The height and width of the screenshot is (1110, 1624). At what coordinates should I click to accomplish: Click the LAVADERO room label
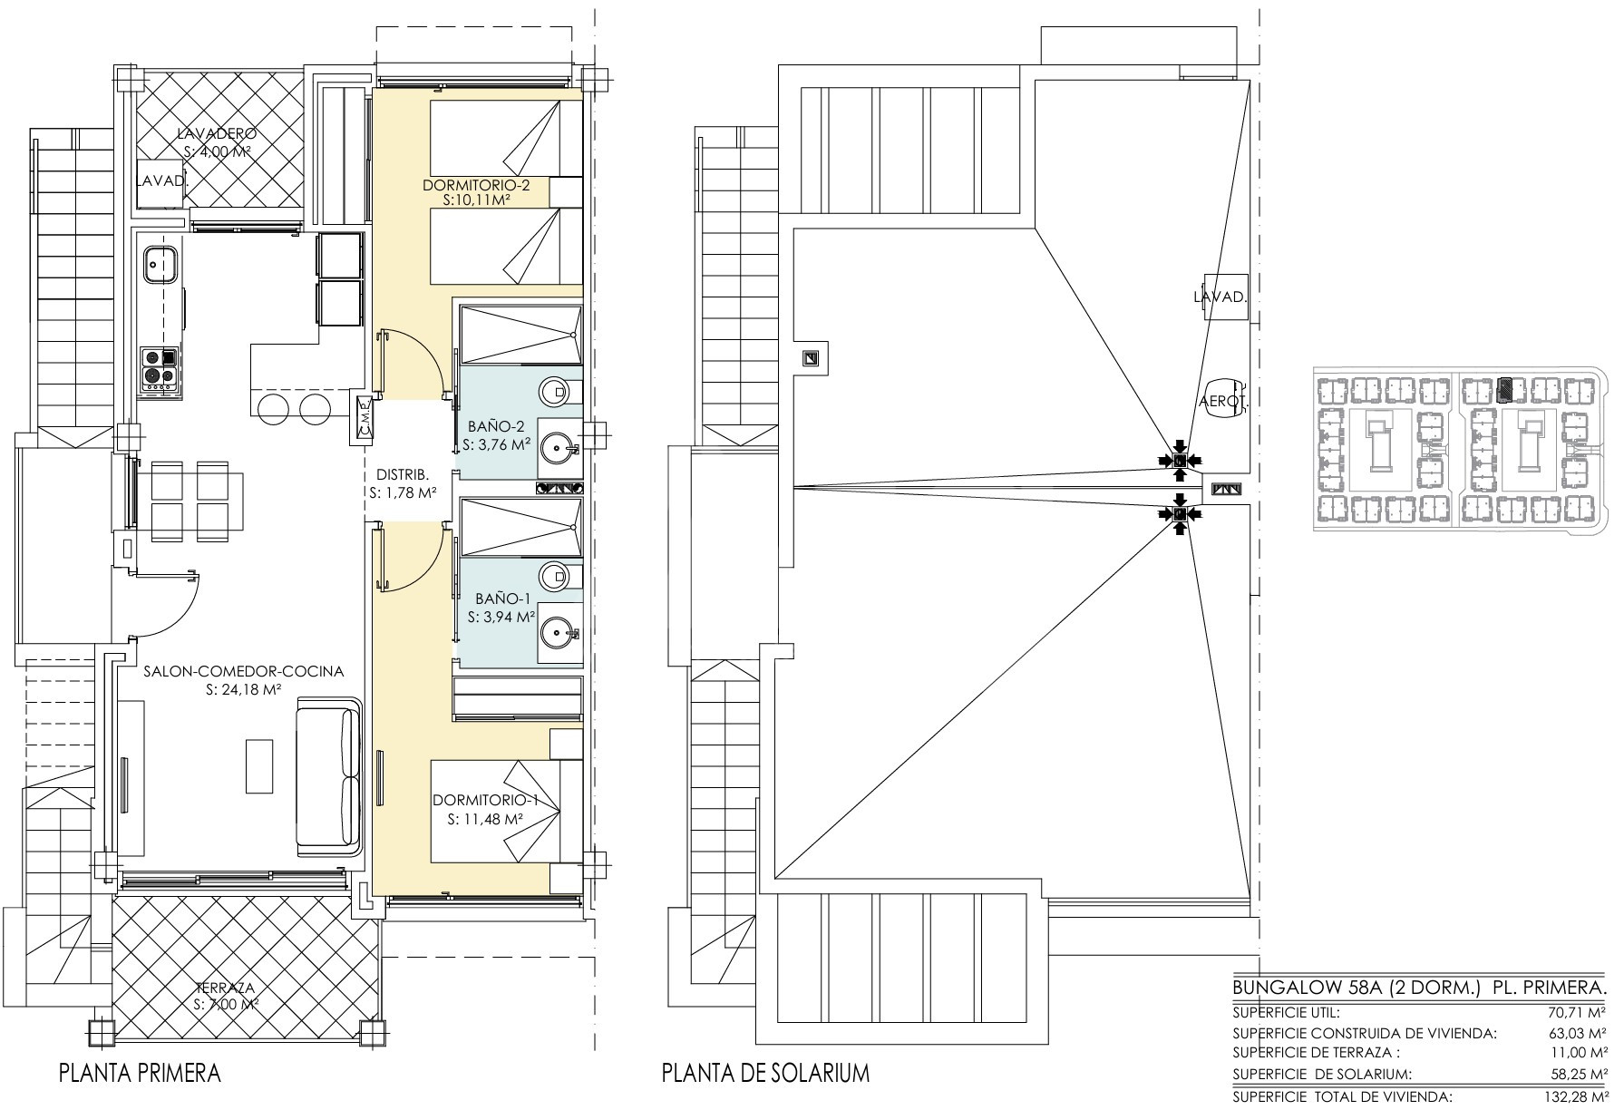tap(218, 134)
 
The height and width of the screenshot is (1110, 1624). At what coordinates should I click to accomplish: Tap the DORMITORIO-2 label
tap(476, 186)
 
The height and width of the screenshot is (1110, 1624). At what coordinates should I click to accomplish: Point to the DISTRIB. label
tap(402, 474)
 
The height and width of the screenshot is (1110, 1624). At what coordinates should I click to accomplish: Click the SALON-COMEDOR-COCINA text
tap(244, 672)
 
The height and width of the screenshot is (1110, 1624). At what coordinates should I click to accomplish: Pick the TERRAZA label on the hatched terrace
tap(225, 988)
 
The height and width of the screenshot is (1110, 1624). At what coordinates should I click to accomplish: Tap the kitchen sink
tap(160, 262)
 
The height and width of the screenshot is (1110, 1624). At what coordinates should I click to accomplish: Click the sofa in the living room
tap(331, 776)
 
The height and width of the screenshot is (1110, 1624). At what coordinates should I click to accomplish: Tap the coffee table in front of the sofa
tap(259, 766)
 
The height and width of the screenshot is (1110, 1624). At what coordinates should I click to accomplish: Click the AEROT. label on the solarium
tap(1225, 401)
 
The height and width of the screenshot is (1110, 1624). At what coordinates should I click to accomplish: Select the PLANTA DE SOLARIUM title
tap(765, 1074)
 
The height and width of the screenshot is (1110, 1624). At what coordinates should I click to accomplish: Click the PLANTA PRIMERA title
tap(140, 1074)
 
